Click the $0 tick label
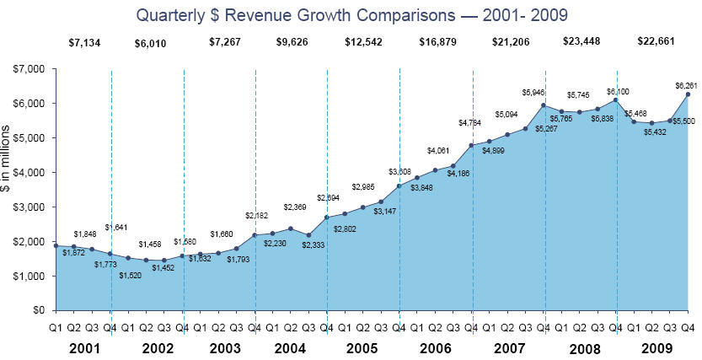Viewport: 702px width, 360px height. (x=37, y=310)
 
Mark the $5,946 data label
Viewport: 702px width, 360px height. (x=533, y=92)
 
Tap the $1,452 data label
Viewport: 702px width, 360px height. (x=163, y=268)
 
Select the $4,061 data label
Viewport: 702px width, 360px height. (x=439, y=151)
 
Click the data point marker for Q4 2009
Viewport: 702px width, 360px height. (x=689, y=94)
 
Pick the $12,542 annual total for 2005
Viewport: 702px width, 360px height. (x=362, y=43)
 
